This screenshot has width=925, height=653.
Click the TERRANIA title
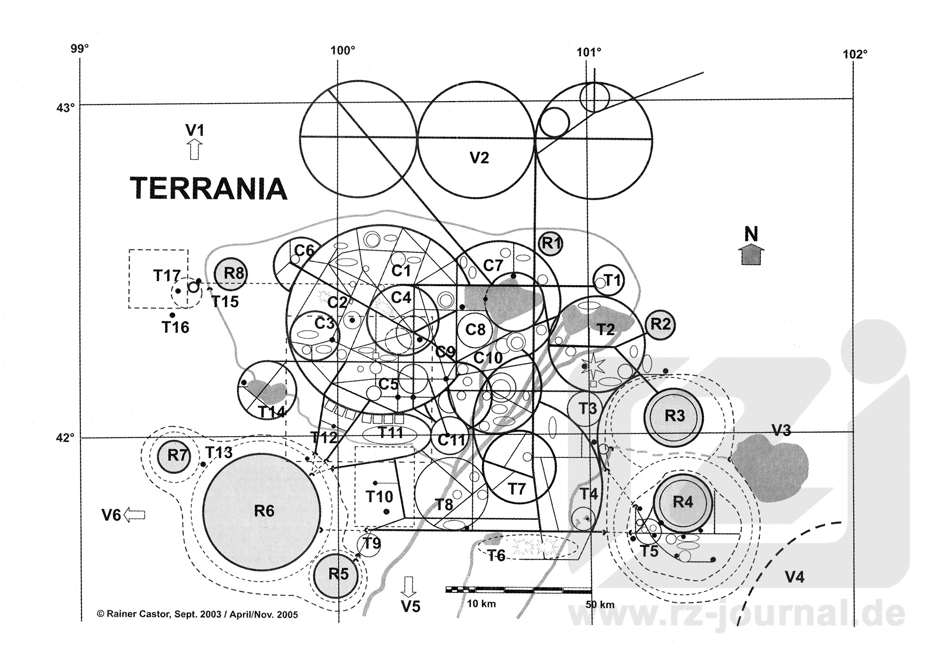coord(209,188)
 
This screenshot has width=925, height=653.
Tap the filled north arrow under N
coord(751,254)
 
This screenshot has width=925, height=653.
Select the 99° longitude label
coord(80,49)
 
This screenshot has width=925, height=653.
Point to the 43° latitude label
coord(66,107)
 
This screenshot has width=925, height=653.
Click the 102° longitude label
coord(855,54)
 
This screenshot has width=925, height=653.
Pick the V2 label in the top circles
coord(479,158)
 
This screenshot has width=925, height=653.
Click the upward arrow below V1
coord(194,149)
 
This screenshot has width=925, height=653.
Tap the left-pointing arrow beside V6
coord(134,514)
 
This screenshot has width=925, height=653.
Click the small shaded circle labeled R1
coord(551,244)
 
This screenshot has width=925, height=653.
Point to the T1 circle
coord(608,280)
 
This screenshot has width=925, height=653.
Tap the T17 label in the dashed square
coord(167,275)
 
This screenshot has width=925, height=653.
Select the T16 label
coord(175,327)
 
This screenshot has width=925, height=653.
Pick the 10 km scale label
coord(481,604)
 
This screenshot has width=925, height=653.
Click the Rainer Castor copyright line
coord(198,614)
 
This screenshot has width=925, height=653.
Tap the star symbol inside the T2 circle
coord(596,366)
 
